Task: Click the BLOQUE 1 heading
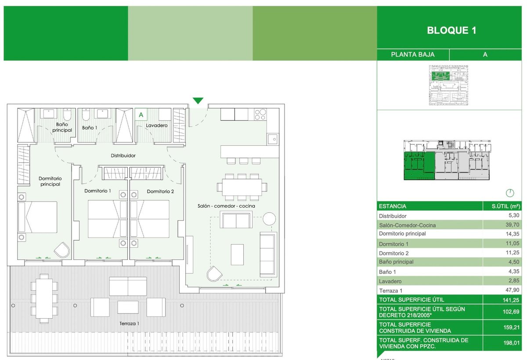(x=451, y=30)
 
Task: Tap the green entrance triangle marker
(x=198, y=101)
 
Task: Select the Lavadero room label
(x=156, y=126)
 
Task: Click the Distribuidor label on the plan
(x=123, y=155)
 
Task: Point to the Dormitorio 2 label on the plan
(x=160, y=191)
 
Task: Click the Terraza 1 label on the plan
(x=130, y=324)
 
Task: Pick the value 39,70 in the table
(x=512, y=225)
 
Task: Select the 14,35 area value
(x=512, y=234)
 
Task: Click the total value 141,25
(x=511, y=299)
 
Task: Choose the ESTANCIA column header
(x=392, y=206)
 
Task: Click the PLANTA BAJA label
(x=413, y=54)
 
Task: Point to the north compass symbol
(x=509, y=193)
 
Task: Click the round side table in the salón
(x=269, y=219)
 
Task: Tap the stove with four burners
(x=260, y=114)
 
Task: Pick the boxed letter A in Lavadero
(x=141, y=115)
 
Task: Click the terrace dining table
(x=43, y=298)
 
